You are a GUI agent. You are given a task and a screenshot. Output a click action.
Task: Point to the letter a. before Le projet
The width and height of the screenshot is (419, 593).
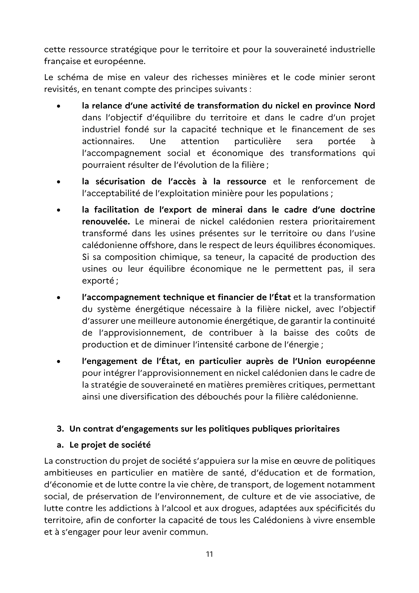[60, 445]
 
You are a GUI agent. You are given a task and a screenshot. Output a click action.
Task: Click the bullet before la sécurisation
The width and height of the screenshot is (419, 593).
[59, 182]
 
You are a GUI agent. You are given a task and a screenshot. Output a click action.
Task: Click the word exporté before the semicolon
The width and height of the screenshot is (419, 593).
[98, 281]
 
